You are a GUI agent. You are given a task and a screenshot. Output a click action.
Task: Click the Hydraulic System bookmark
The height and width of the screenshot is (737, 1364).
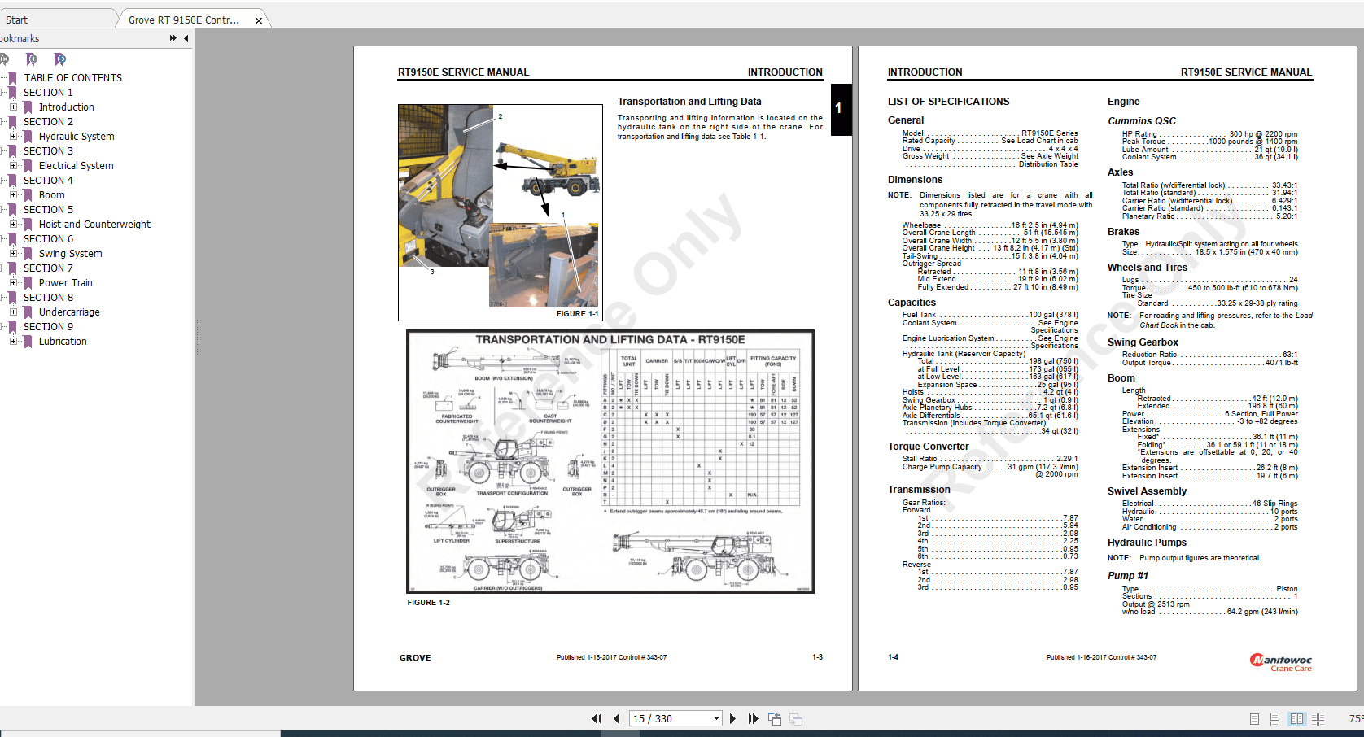point(76,137)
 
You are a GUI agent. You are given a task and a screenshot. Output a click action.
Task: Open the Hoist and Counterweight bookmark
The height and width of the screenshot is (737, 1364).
point(94,225)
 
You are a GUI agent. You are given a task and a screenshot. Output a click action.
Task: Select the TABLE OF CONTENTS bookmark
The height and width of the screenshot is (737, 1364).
point(72,78)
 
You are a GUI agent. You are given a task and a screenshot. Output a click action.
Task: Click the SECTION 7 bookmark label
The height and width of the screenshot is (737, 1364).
point(48,268)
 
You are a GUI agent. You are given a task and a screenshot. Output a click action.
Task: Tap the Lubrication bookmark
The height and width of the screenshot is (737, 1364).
point(63,342)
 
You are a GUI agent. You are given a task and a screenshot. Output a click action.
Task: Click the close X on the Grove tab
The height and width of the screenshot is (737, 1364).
point(259,20)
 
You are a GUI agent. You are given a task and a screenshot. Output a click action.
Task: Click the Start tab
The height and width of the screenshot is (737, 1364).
point(16,20)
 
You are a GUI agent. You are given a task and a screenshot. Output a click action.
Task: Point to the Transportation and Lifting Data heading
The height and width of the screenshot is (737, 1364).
point(689,102)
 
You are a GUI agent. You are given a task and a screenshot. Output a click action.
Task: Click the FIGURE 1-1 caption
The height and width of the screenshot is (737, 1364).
point(577,313)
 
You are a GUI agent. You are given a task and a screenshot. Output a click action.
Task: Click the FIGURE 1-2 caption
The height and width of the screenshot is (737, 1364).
point(428,603)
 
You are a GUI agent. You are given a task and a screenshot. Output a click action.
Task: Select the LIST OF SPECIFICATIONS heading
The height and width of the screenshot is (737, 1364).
point(948,102)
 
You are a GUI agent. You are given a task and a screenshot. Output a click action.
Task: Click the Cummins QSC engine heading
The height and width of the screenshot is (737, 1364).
point(1141,121)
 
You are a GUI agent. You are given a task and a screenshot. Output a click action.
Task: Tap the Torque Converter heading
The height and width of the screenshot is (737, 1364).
point(928,447)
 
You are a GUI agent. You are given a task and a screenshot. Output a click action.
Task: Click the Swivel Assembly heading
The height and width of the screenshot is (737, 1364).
point(1147,491)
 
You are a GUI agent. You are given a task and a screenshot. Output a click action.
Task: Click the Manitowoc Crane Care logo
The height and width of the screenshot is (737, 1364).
point(1281,662)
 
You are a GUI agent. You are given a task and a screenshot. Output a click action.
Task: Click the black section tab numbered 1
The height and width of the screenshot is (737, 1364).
point(839,108)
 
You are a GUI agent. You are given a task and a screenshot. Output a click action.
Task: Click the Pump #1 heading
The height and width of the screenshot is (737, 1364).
point(1127,576)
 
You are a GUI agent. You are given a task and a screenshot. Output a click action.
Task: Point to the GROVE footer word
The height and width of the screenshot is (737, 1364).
point(415,657)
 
